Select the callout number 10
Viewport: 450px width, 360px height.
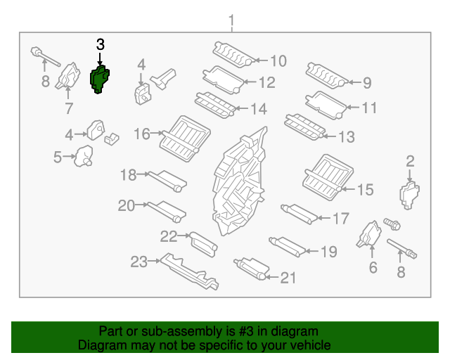[x=278, y=61]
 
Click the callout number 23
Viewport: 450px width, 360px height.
[x=138, y=262]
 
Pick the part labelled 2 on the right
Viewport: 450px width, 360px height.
[x=409, y=195]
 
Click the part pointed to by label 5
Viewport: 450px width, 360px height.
[x=85, y=156]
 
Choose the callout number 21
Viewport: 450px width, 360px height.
[x=288, y=278]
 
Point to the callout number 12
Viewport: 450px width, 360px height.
[x=266, y=83]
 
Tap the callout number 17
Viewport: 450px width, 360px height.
[x=340, y=219]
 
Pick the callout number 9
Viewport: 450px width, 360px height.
[x=366, y=83]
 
